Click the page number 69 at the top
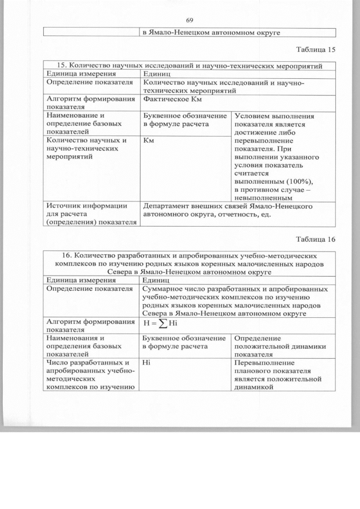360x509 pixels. (189, 20)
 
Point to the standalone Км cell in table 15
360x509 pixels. (149, 140)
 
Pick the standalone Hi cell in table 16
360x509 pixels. (147, 363)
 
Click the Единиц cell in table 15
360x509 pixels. (156, 74)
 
